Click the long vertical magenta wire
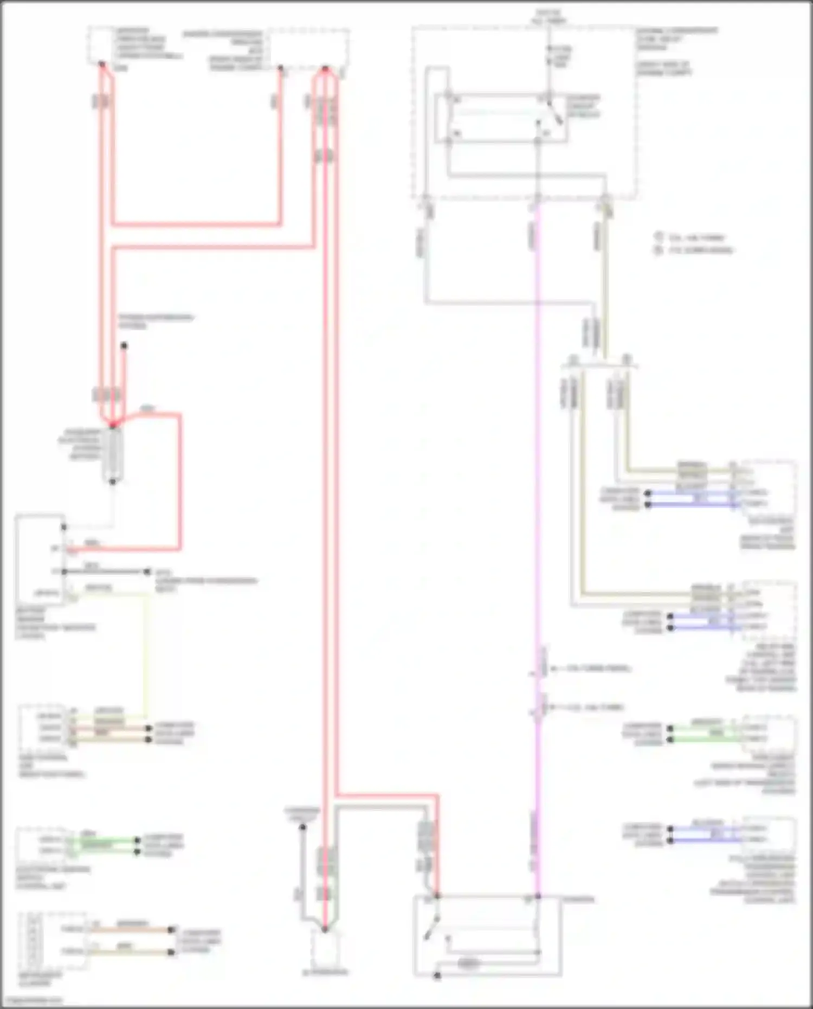pos(537,488)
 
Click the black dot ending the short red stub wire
pos(124,345)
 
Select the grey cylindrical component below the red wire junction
pos(113,454)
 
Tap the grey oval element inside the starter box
pos(469,964)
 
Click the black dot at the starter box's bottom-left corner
pos(437,976)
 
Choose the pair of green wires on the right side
pos(705,734)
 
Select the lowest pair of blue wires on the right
pos(705,834)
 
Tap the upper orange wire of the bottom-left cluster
pos(130,929)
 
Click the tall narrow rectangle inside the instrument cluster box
pos(33,941)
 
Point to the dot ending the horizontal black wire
pos(147,571)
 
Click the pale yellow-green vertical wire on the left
pos(145,651)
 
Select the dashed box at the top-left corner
pos(101,44)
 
